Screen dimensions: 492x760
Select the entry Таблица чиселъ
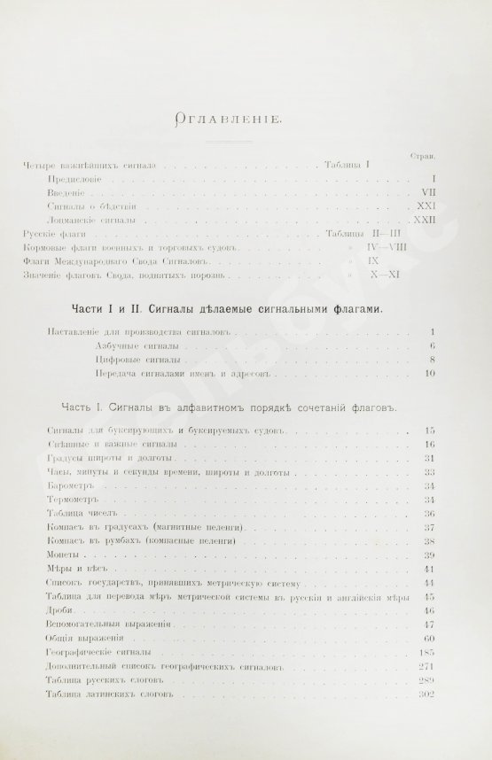click(x=75, y=514)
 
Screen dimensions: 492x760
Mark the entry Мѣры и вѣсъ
click(x=69, y=568)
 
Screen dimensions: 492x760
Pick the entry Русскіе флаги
click(x=57, y=233)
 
